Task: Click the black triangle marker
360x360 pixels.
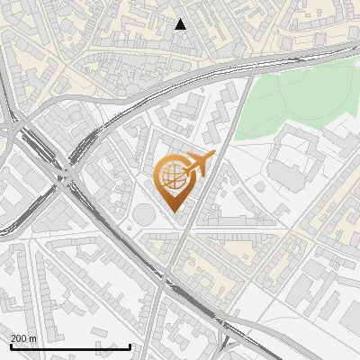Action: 180,24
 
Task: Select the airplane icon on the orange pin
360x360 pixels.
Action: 200,164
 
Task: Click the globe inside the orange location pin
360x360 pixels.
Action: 171,177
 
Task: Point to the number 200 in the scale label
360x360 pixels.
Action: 18,338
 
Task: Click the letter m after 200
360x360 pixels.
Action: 32,338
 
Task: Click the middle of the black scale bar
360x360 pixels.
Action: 70,346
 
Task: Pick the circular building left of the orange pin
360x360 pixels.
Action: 144,214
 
